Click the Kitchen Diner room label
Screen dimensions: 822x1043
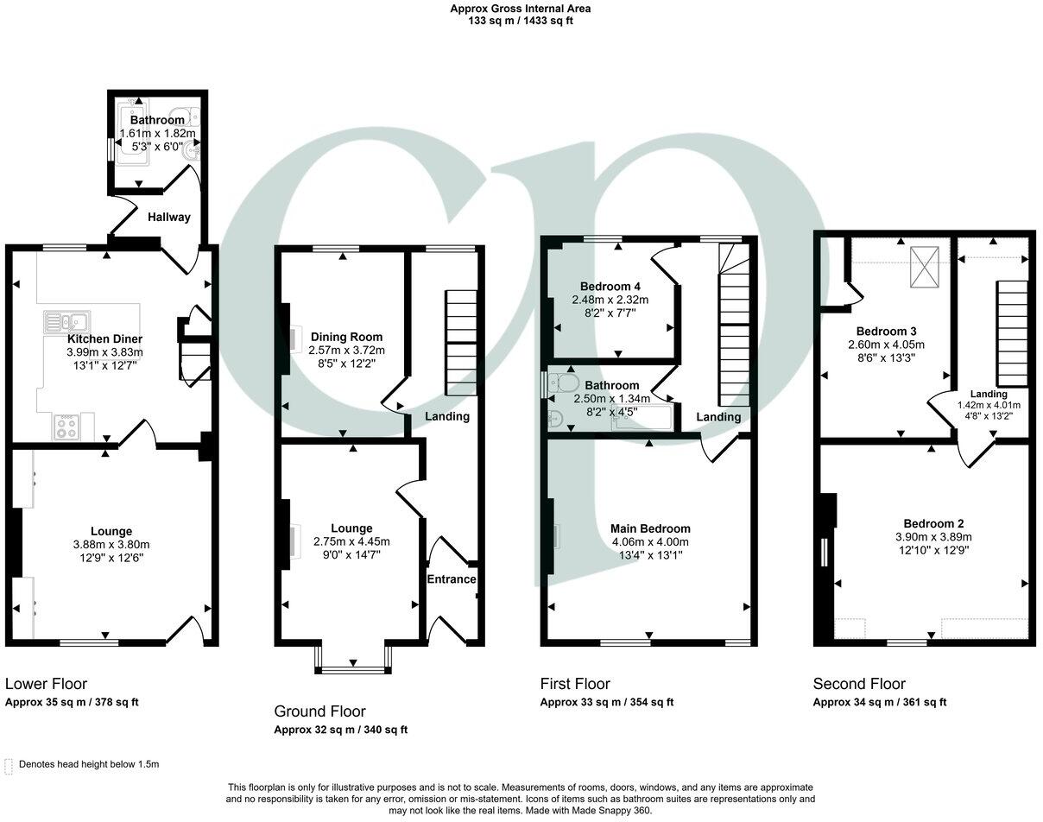(104, 339)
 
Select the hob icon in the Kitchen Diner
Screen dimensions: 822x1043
(66, 427)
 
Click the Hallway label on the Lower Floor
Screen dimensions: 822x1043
(168, 218)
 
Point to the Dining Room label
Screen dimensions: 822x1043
(346, 337)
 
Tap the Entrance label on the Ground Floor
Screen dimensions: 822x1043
(452, 579)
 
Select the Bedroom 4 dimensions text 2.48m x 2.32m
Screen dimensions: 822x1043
(610, 300)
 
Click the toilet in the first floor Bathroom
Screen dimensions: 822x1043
(566, 382)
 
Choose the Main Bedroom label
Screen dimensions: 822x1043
(650, 528)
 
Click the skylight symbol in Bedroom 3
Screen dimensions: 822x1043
(923, 271)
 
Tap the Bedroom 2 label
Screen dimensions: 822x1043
(933, 523)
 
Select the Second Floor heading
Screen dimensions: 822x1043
(859, 684)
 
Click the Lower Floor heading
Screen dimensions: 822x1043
(46, 684)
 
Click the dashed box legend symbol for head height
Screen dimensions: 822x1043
(9, 765)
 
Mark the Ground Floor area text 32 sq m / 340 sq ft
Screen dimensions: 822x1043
(340, 730)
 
